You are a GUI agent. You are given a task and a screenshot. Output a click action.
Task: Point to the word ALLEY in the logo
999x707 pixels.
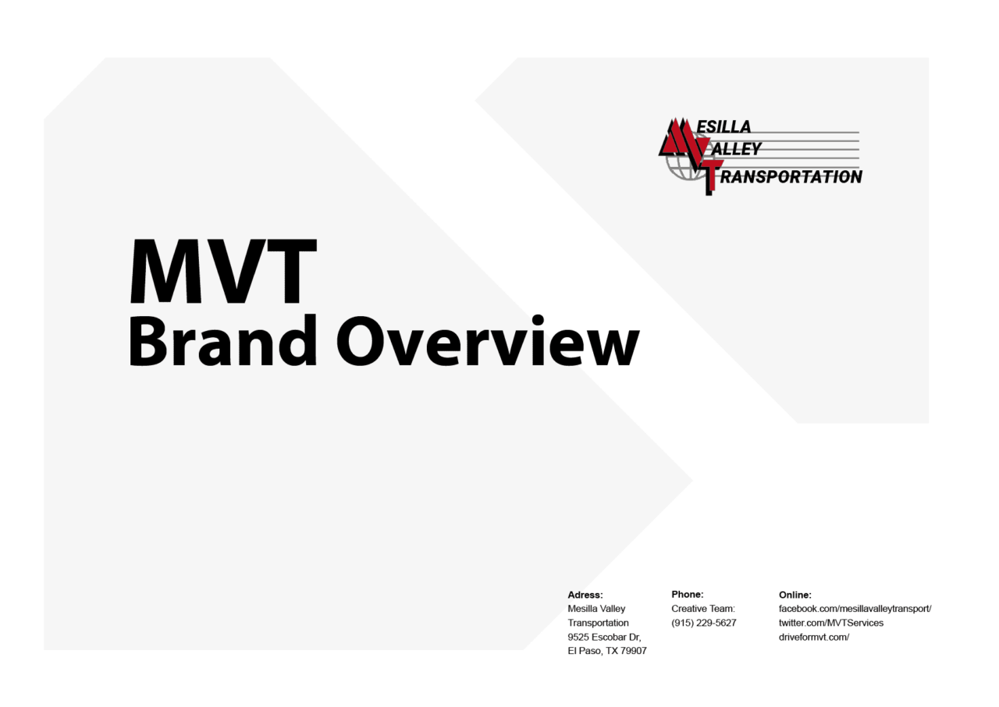pos(736,148)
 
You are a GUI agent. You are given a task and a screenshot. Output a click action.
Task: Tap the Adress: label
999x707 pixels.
pos(585,595)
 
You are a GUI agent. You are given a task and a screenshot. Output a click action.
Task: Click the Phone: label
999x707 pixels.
pos(687,595)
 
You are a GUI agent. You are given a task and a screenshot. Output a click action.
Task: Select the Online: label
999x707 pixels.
pos(795,595)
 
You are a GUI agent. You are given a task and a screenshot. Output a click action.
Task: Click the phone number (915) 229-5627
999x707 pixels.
pos(703,623)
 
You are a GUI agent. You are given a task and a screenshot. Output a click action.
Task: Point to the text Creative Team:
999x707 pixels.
pos(702,609)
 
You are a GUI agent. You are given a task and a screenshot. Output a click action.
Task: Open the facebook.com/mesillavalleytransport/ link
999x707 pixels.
pos(855,609)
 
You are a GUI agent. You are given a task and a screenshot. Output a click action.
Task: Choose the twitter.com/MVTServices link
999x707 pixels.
pos(830,623)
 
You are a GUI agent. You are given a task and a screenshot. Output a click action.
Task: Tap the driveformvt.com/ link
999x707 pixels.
pos(813,637)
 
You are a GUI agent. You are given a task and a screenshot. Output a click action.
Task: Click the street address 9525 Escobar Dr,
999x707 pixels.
pos(604,637)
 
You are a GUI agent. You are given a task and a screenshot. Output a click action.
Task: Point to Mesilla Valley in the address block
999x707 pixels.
pos(596,609)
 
